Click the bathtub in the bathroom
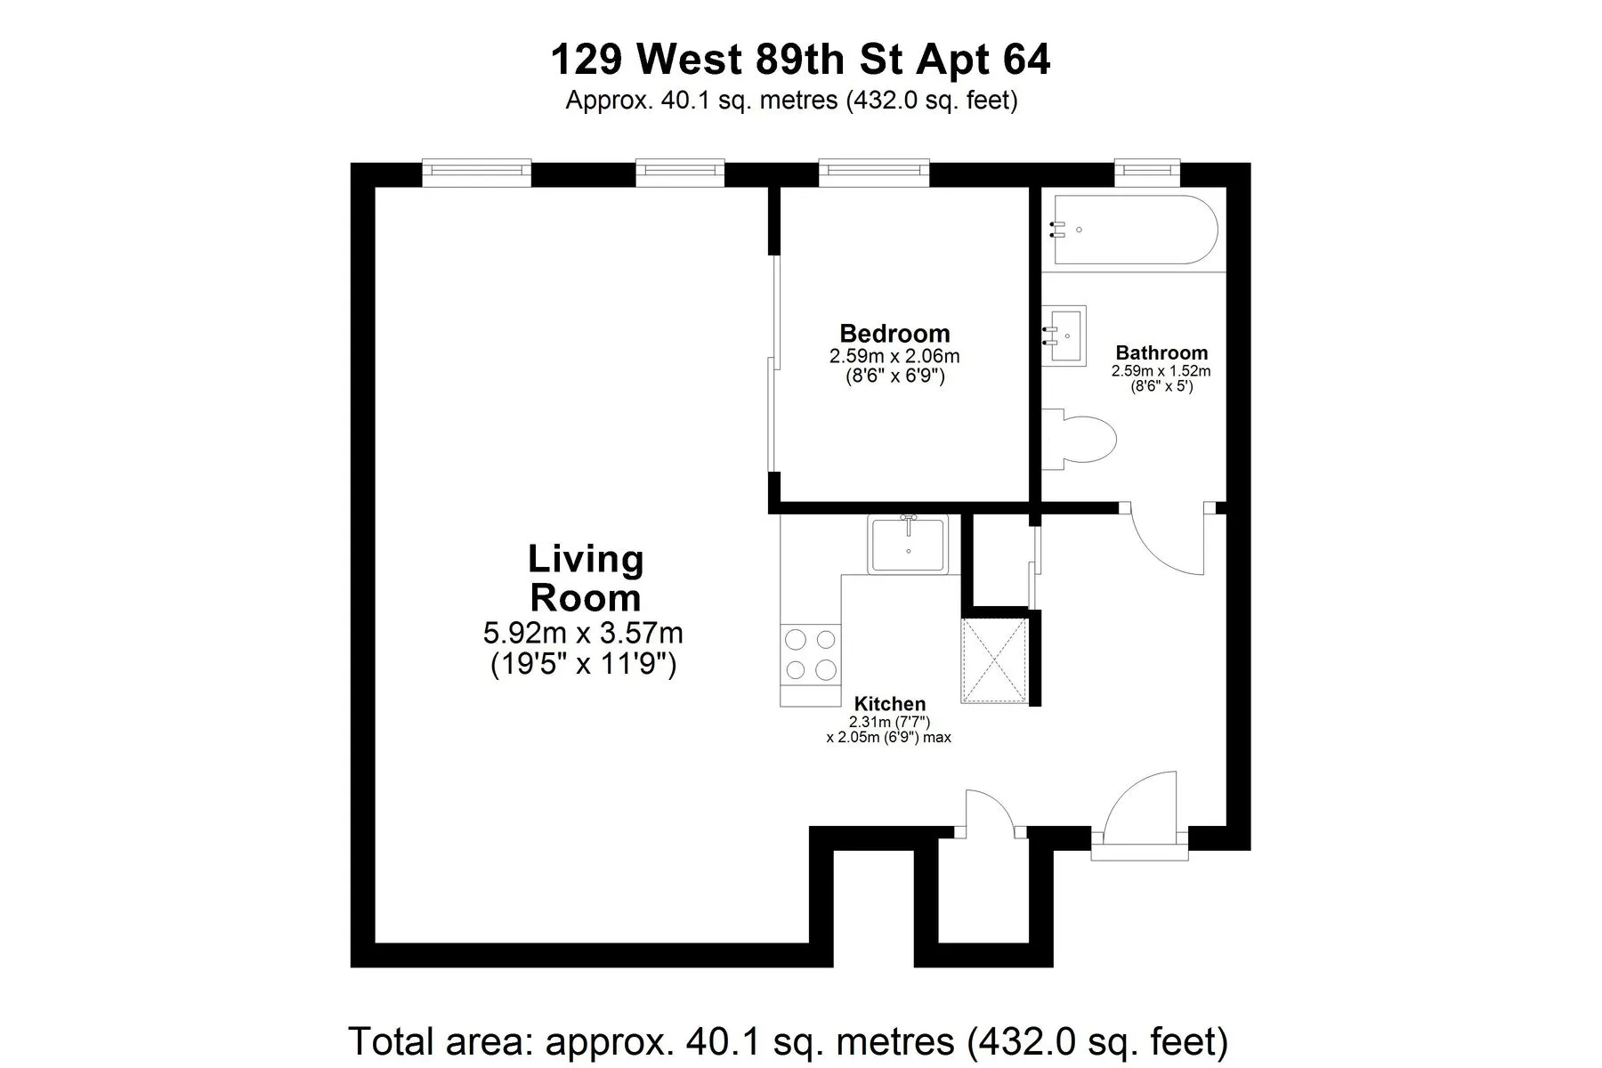click(1135, 231)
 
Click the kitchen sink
click(908, 545)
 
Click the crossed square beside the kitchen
click(995, 660)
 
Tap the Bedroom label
click(894, 334)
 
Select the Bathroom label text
click(1161, 352)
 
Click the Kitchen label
click(889, 704)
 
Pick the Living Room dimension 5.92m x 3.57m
click(583, 634)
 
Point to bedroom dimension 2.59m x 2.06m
click(894, 357)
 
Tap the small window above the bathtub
click(1147, 168)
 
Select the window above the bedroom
click(873, 172)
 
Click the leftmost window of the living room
click(476, 172)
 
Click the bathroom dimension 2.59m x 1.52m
click(1161, 371)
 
